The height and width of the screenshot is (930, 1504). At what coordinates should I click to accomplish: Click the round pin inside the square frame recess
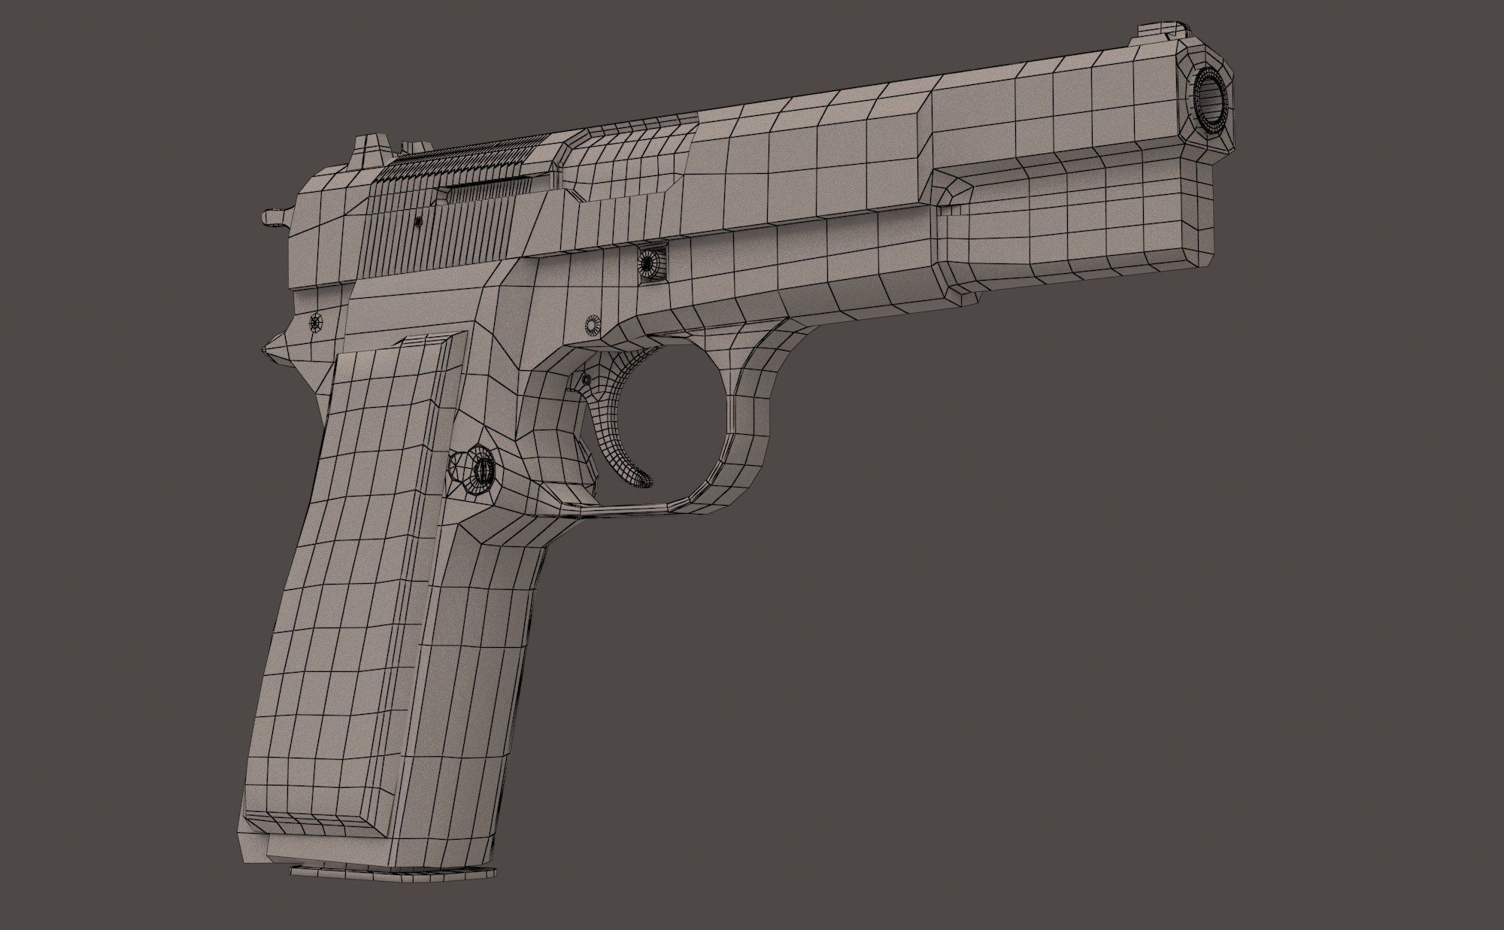[x=647, y=263]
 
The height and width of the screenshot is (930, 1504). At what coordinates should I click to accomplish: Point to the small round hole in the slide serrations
[x=418, y=221]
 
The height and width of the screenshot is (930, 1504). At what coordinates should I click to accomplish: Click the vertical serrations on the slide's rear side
[x=436, y=233]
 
